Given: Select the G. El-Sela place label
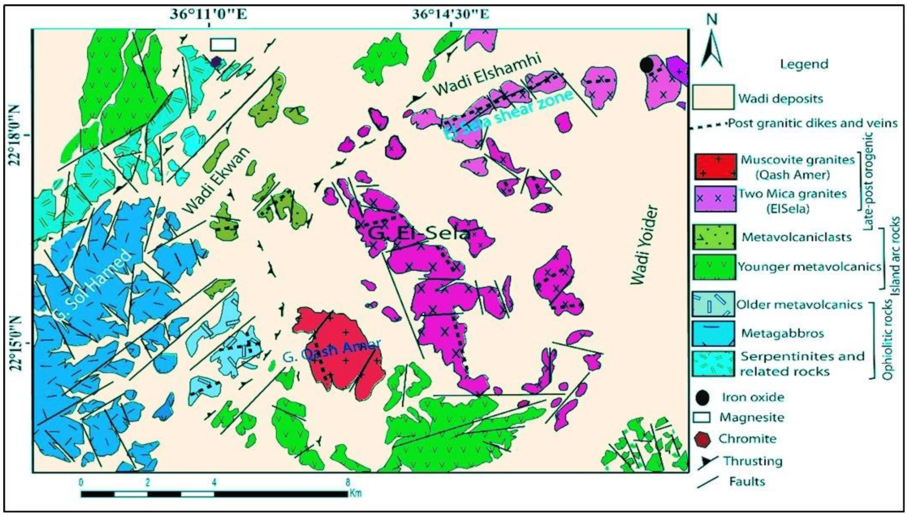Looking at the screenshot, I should pos(418,233).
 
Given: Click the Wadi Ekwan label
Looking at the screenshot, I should pos(217,180).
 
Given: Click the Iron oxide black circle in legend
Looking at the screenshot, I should pos(703,397).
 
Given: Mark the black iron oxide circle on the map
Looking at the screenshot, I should pos(646,65).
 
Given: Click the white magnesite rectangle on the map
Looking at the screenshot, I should pos(223,44).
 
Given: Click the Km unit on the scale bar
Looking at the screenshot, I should pos(356,493).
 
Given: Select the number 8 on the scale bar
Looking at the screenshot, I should pos(347,481).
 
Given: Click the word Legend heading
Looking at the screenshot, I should pos(804,64).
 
